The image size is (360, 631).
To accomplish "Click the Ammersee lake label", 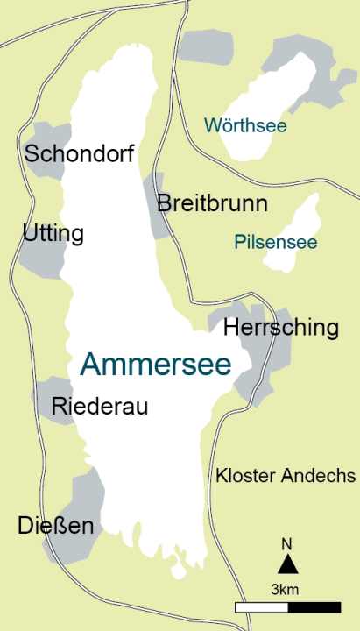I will (x=156, y=365).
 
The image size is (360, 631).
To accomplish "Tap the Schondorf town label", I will (x=80, y=155).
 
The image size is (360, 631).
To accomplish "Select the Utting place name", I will (x=53, y=234).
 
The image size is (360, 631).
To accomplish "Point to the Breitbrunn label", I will (x=212, y=204).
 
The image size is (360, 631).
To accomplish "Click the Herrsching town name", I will (x=281, y=328).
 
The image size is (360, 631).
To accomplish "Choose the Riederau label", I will (x=100, y=406).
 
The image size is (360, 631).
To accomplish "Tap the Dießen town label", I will (x=56, y=525).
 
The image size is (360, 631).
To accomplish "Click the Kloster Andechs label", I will (x=286, y=476).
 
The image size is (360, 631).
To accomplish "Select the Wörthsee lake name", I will (x=245, y=125).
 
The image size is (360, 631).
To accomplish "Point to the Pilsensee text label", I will (x=276, y=242).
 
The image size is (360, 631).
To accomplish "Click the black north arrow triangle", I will (x=287, y=564).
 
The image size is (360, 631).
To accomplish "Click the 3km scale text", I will (x=286, y=587).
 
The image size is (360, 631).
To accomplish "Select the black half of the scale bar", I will (x=314, y=606).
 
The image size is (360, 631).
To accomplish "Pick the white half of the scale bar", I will (x=261, y=606).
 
